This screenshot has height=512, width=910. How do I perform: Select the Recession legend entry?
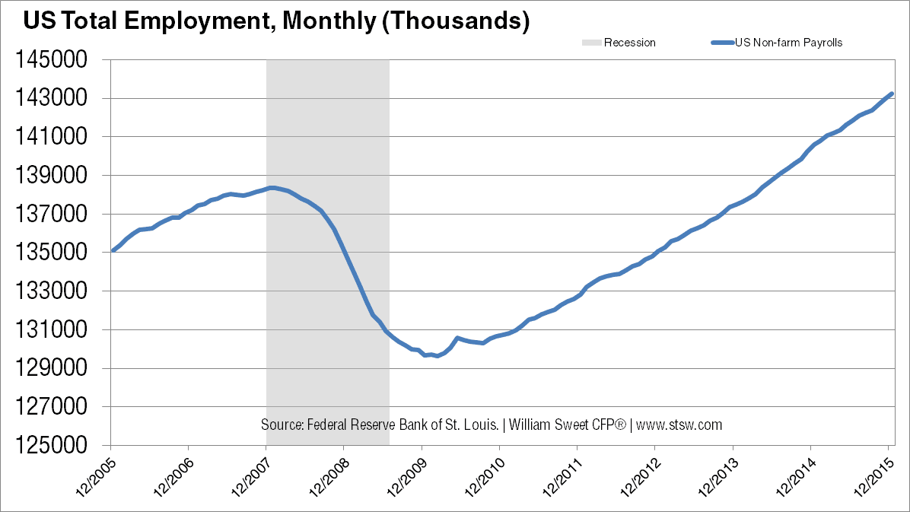click(629, 43)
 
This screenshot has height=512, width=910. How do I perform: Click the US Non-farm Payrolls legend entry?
click(787, 43)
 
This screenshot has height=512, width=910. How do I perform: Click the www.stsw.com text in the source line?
click(679, 425)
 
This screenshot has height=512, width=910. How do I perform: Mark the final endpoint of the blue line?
click(892, 94)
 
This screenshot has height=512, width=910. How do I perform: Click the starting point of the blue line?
click(113, 250)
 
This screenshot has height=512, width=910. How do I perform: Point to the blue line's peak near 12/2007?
click(272, 187)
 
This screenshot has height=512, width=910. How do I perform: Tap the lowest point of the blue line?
click(436, 356)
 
